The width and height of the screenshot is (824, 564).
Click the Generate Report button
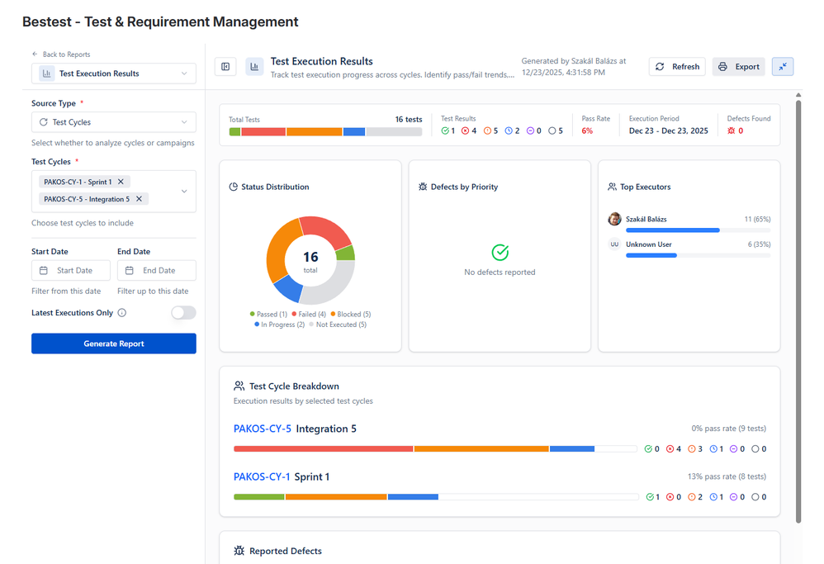[114, 344]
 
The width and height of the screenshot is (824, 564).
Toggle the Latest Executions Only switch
[183, 313]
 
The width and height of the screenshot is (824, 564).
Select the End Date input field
[157, 270]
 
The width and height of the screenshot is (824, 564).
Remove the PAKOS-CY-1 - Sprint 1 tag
[121, 182]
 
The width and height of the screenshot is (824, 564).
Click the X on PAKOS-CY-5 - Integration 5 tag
[140, 199]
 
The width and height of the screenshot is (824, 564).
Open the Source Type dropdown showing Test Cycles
[114, 122]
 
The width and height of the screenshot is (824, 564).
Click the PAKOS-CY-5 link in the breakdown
[263, 429]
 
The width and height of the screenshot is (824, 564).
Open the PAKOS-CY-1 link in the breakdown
[262, 476]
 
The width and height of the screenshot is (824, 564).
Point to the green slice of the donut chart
[347, 253]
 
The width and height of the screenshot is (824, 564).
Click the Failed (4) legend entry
[309, 315]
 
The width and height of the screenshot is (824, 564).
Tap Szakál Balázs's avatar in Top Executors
[614, 219]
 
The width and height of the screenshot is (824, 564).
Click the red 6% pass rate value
[587, 130]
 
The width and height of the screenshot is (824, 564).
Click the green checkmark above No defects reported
[500, 253]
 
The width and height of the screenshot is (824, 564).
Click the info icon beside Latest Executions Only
[122, 313]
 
